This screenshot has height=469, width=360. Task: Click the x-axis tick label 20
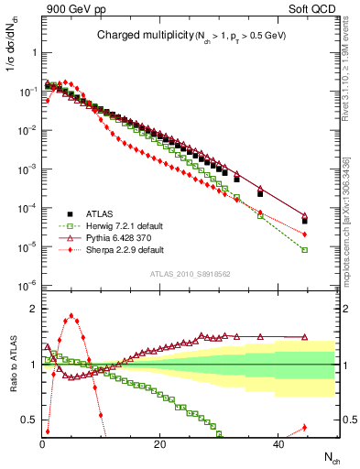(159, 444)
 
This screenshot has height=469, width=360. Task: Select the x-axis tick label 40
(277, 444)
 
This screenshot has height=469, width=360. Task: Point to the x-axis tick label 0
(42, 444)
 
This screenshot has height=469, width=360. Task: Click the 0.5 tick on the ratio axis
(30, 420)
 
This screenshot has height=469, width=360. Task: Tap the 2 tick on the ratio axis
(34, 308)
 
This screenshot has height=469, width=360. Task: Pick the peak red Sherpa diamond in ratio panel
(71, 316)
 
